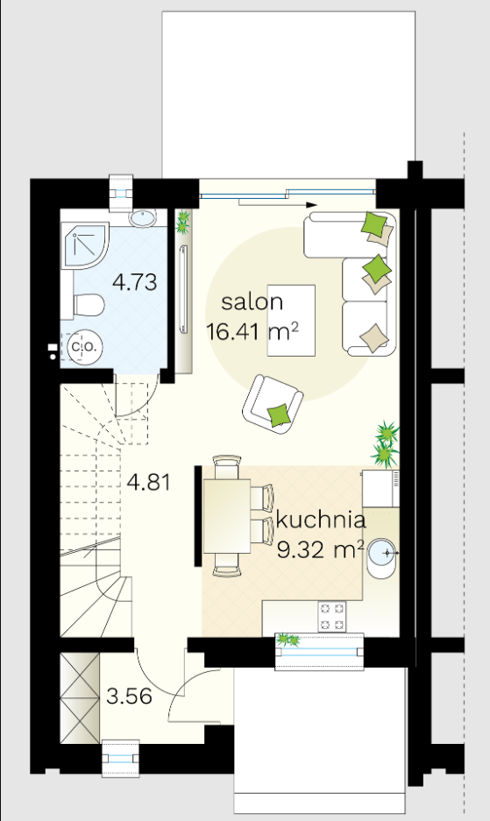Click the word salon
click(252, 302)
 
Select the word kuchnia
click(320, 520)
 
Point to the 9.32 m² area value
click(320, 549)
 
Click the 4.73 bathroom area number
click(135, 282)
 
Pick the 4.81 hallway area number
click(149, 482)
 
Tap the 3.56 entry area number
click(129, 697)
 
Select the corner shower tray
click(84, 246)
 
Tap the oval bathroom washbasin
click(143, 218)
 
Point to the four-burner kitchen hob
click(332, 616)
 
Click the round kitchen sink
click(383, 553)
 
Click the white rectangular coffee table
click(291, 321)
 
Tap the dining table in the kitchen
click(227, 516)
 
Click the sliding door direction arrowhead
click(312, 205)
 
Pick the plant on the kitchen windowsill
click(288, 640)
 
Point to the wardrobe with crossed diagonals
click(80, 697)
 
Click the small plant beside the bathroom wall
click(182, 222)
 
